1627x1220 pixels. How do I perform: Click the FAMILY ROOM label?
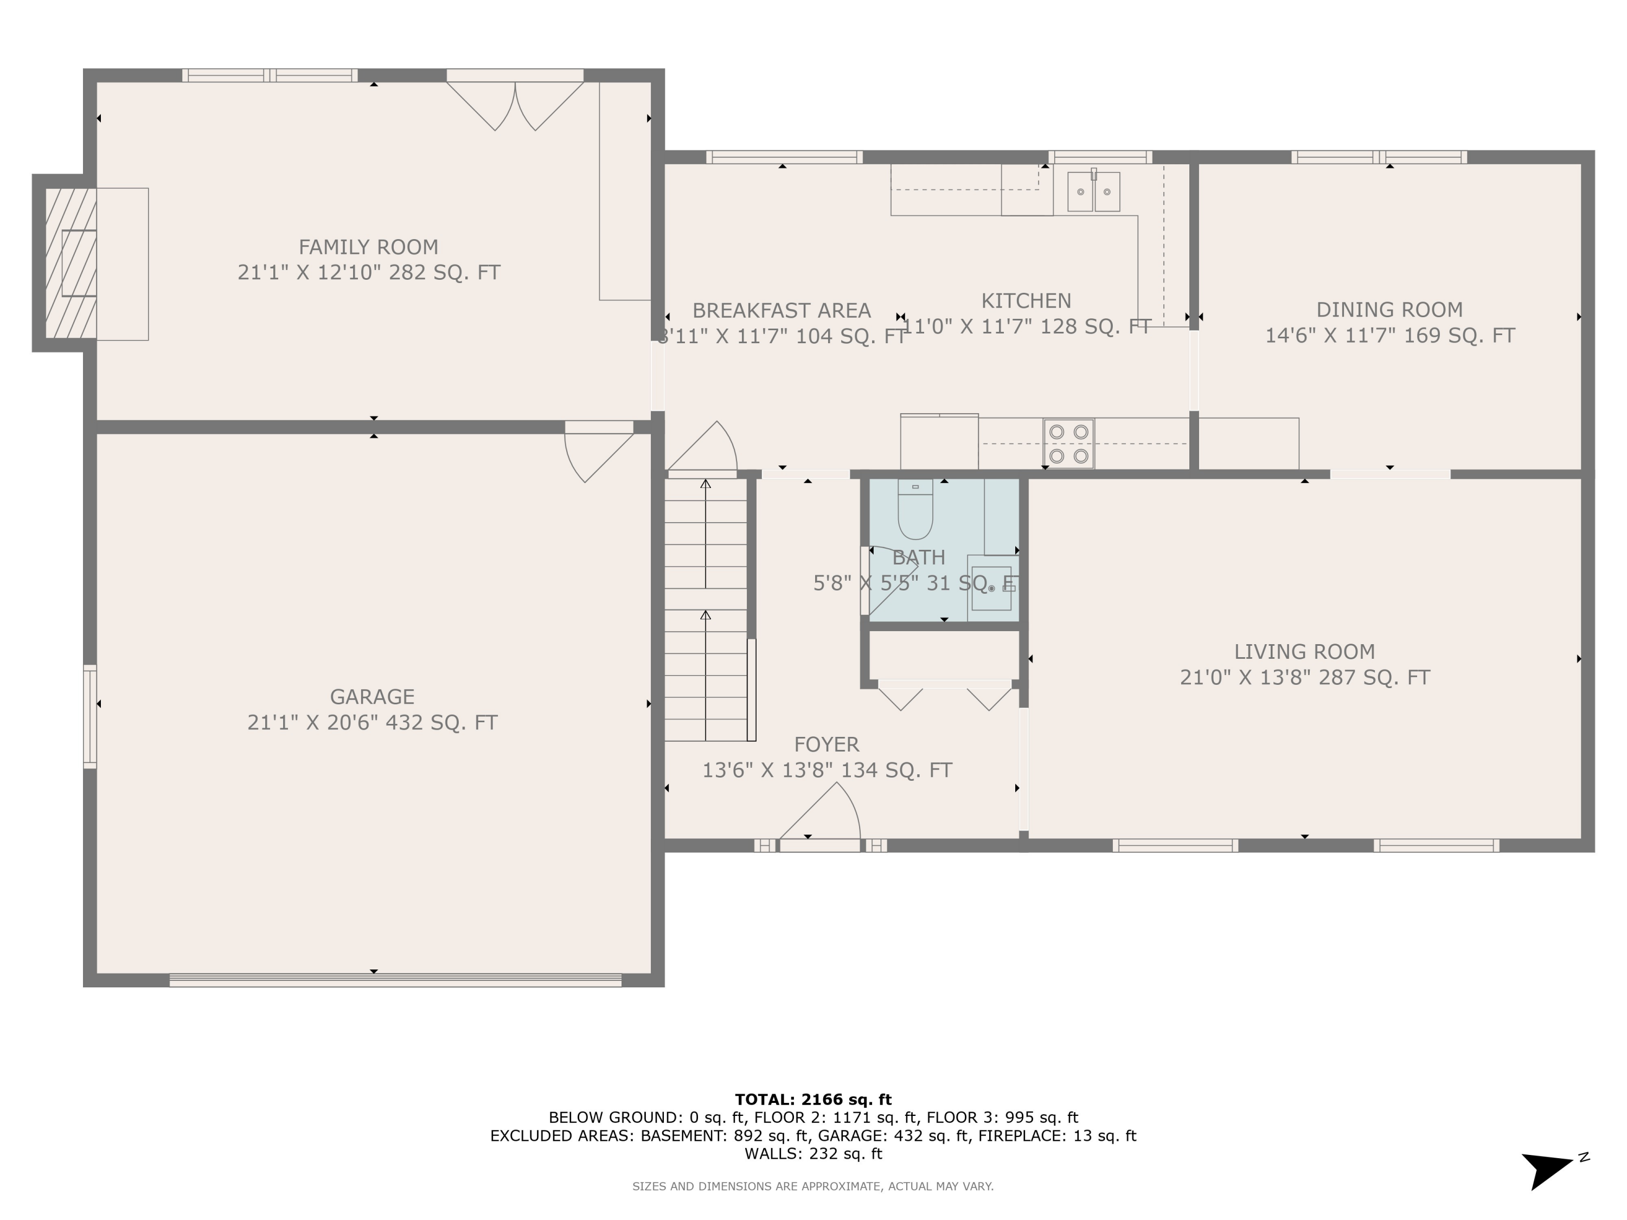[368, 247]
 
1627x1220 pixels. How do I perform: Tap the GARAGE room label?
[371, 696]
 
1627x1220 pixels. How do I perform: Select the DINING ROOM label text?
[1389, 310]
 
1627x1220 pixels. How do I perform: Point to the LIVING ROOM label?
[1304, 652]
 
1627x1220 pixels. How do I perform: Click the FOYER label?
[826, 744]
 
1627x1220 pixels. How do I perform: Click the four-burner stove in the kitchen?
[1068, 444]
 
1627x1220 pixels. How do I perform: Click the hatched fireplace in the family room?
[71, 264]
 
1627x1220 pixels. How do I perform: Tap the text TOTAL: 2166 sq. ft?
[813, 1100]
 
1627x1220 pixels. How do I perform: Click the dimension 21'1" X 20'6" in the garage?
[371, 723]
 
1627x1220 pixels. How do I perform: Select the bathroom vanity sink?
[991, 588]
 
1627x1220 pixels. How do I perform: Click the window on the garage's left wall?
[89, 716]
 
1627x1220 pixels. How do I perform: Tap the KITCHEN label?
[1026, 301]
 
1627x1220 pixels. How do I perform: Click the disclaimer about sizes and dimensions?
[813, 1186]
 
